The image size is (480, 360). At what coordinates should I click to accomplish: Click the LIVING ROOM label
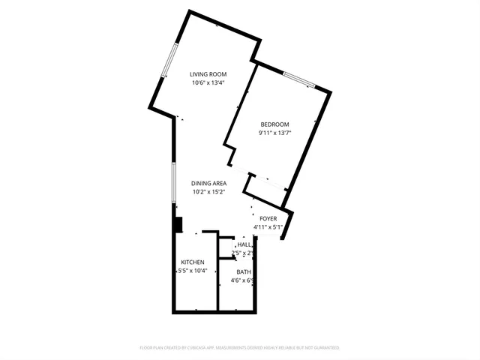208,74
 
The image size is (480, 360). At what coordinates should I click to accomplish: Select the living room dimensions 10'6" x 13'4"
208,83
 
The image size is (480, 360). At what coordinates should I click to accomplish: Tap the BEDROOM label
274,124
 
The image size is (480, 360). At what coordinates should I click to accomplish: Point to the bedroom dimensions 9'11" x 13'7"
274,133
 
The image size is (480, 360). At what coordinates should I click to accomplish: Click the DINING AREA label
208,183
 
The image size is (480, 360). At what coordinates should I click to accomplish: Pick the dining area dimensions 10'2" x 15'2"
208,192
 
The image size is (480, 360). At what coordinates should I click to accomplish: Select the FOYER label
268,218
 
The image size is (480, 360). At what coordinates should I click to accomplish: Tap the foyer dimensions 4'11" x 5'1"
268,227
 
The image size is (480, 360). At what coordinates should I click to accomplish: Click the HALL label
244,245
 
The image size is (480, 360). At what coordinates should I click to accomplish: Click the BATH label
244,272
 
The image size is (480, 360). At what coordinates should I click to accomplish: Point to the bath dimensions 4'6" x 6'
242,281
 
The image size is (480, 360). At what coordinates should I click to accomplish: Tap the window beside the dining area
173,181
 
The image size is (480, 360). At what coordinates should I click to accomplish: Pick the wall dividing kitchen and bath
217,285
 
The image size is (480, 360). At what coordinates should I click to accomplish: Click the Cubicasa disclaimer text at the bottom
240,348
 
